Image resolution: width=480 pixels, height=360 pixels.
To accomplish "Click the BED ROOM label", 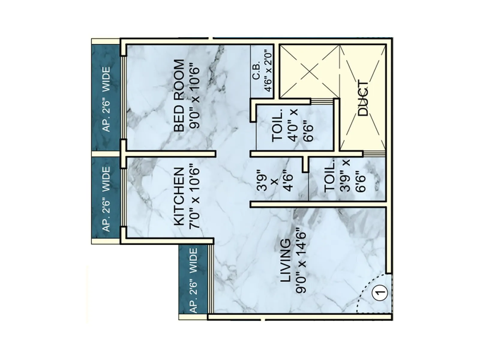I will point(179,96).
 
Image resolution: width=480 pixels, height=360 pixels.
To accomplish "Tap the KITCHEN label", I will point(179,196).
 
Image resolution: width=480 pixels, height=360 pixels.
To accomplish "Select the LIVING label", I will point(285,260).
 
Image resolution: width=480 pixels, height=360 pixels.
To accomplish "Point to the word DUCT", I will point(363,98).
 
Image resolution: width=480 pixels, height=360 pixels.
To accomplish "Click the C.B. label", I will point(256,72).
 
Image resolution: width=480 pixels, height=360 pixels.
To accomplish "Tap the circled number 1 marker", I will point(379,292).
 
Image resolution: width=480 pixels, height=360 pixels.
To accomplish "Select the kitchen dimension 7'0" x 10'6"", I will point(195,198).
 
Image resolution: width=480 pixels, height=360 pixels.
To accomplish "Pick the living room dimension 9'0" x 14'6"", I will point(301,262).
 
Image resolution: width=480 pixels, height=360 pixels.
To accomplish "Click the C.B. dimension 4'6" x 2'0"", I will point(268,71).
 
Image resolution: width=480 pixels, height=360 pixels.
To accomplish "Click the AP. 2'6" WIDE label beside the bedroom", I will point(106,99).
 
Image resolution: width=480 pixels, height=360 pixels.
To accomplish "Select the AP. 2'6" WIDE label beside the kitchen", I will point(106,199).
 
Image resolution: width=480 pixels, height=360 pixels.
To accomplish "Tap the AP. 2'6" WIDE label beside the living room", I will point(193,280).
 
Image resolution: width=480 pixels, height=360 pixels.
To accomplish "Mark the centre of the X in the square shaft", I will point(310,71).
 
